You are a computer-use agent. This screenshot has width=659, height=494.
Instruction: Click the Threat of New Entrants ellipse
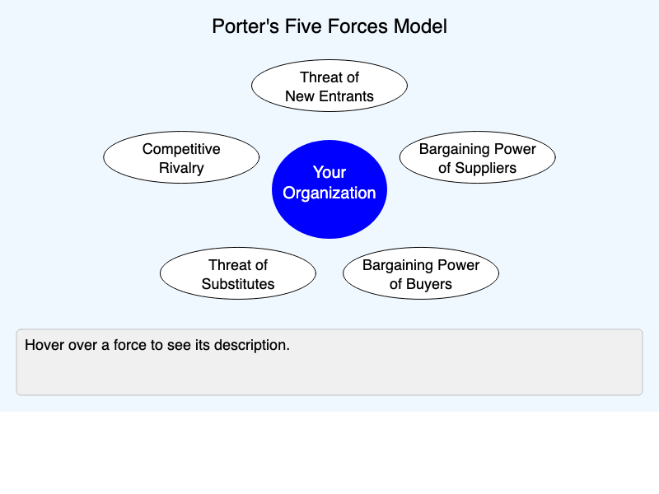(x=329, y=86)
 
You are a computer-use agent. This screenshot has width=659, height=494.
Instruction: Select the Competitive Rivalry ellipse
(x=181, y=158)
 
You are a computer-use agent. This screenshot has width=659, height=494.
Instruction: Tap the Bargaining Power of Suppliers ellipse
(x=478, y=158)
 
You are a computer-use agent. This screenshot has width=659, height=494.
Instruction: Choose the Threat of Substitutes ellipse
(x=238, y=274)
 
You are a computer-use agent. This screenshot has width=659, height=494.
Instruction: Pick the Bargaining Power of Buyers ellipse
(x=421, y=274)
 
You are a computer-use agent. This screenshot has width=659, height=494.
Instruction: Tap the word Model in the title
(x=419, y=26)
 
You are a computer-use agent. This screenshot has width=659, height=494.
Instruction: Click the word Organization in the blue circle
(x=329, y=193)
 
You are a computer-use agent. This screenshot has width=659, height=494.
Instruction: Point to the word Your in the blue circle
(x=329, y=172)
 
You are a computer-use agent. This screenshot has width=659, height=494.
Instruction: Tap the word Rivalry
(x=181, y=169)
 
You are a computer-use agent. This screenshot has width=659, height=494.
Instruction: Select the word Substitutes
(x=238, y=285)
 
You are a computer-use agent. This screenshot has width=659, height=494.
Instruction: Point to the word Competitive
(x=181, y=149)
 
